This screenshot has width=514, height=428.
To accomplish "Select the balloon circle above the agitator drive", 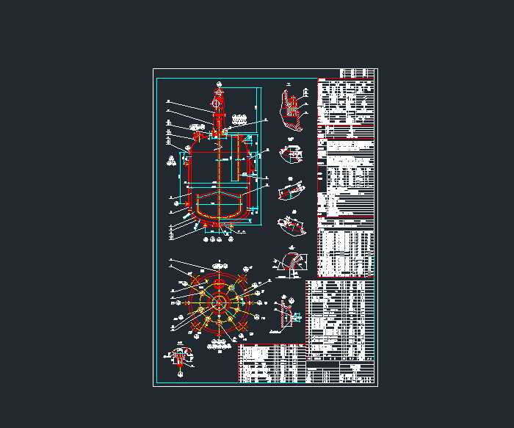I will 219,83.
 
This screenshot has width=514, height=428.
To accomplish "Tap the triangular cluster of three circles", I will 171,159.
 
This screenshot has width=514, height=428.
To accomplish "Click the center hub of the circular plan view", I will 218,302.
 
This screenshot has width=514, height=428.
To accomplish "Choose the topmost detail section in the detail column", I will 292,110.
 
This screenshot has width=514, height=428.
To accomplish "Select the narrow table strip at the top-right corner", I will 358,73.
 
